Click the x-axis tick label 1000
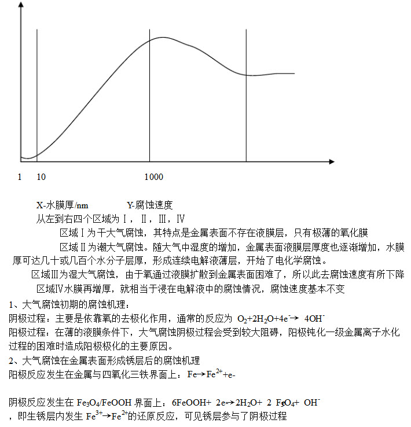tap(154, 177)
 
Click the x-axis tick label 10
tap(41, 177)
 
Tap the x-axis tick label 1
tap(20, 177)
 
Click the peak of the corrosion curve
tap(163, 38)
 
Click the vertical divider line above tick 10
tap(37, 87)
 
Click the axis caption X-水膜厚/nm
tap(63, 205)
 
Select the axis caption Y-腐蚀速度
tap(150, 205)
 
